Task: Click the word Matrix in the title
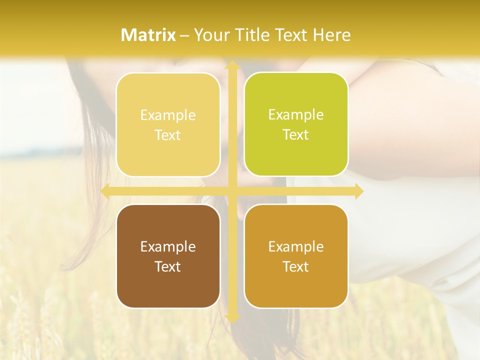(148, 35)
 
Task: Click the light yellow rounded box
(168, 124)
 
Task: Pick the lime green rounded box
(296, 124)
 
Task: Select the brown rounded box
(168, 256)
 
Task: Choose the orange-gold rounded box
(296, 256)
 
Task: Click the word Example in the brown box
(168, 246)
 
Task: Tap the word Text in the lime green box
(296, 134)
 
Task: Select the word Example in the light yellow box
(168, 115)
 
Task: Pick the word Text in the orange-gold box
(296, 266)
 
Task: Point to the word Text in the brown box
(168, 266)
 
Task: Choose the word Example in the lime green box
(296, 114)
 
